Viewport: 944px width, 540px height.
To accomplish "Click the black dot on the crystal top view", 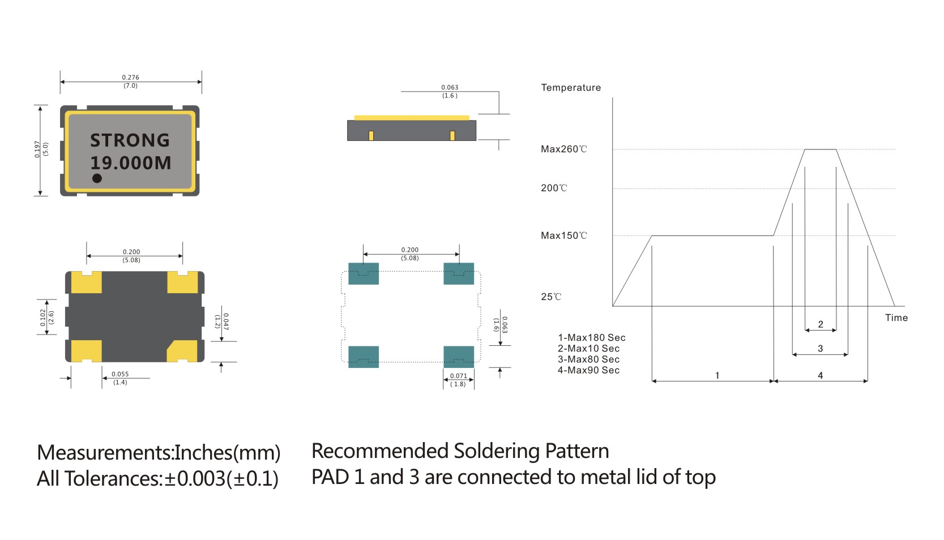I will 97,178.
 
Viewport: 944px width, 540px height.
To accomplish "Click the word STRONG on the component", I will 130,140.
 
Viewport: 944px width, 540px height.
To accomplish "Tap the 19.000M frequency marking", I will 130,163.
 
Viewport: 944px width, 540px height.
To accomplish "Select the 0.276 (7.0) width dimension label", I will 130,82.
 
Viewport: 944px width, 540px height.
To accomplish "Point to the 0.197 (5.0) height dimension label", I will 41,149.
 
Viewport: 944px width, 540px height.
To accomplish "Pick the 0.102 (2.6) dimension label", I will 47,318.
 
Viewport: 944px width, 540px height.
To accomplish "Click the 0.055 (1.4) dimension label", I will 120,378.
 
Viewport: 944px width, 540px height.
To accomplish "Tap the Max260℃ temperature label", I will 563,149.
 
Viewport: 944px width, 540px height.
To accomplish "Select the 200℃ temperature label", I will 553,188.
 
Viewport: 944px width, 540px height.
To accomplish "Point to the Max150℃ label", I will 563,235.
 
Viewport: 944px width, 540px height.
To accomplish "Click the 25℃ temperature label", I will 550,297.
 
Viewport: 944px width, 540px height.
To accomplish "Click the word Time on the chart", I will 896,318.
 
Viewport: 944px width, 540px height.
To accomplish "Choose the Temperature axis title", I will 570,88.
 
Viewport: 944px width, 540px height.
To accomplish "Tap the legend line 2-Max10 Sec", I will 588,349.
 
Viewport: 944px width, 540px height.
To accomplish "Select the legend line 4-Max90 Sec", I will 588,370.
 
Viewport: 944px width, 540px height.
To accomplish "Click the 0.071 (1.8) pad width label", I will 458,380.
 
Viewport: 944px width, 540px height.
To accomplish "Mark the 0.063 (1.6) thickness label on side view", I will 450,91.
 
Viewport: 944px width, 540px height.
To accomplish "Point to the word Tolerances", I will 112,479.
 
